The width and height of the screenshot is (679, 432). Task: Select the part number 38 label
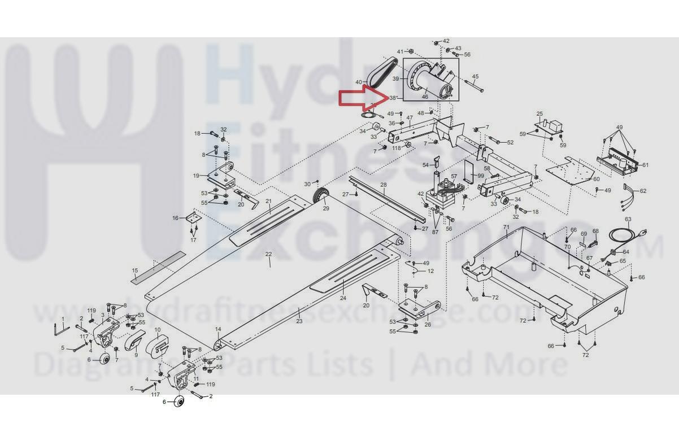pyautogui.click(x=393, y=98)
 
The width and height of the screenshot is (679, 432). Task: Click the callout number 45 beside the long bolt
pyautogui.click(x=475, y=77)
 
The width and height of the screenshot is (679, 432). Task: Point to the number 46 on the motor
pyautogui.click(x=425, y=97)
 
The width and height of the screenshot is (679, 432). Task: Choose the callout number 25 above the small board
pyautogui.click(x=539, y=114)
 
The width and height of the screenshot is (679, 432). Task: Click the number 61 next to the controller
pyautogui.click(x=645, y=165)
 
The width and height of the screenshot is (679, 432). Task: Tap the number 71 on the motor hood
pyautogui.click(x=506, y=227)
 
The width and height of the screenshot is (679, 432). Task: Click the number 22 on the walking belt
pyautogui.click(x=269, y=254)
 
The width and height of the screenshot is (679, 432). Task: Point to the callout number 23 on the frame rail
pyautogui.click(x=299, y=321)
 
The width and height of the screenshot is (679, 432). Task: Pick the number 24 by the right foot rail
pyautogui.click(x=342, y=298)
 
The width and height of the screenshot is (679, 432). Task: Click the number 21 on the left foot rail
pyautogui.click(x=269, y=202)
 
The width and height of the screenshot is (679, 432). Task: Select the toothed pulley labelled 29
pyautogui.click(x=322, y=197)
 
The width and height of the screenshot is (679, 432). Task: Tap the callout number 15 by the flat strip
pyautogui.click(x=135, y=271)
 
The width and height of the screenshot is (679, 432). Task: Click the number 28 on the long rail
pyautogui.click(x=383, y=185)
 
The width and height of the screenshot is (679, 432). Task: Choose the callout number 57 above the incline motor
pyautogui.click(x=454, y=177)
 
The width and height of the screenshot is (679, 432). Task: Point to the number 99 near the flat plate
pyautogui.click(x=481, y=176)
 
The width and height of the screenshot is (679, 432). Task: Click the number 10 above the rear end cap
pyautogui.click(x=158, y=330)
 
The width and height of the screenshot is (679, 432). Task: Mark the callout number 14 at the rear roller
pyautogui.click(x=218, y=329)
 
